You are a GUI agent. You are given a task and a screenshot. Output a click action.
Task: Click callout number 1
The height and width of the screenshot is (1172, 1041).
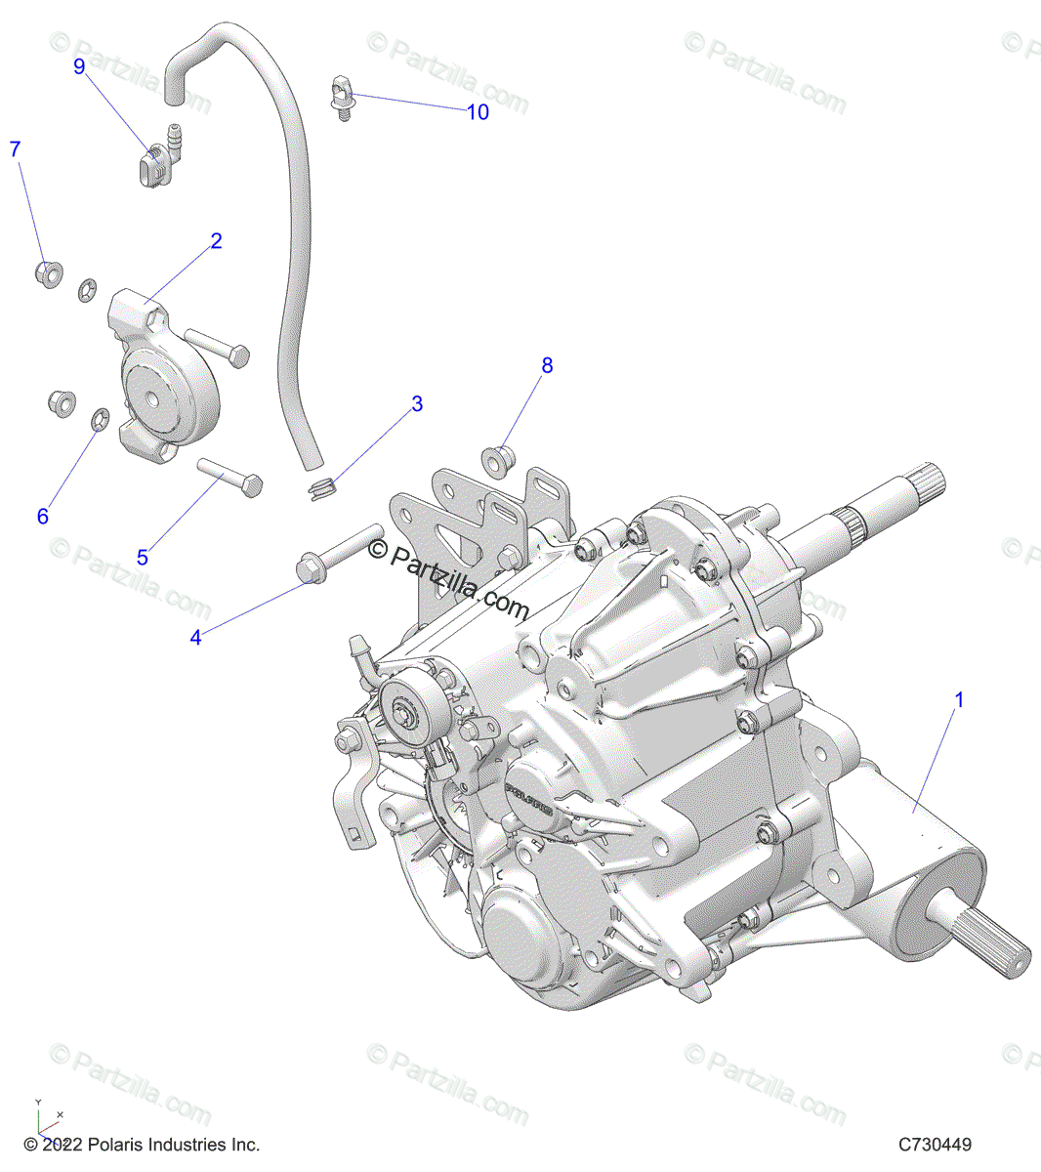click(959, 700)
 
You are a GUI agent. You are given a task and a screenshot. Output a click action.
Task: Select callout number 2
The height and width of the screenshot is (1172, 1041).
click(216, 241)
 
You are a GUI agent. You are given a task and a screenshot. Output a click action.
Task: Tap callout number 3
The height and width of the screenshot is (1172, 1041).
click(417, 404)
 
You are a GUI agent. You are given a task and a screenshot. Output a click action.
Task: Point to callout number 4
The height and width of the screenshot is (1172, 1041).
click(196, 638)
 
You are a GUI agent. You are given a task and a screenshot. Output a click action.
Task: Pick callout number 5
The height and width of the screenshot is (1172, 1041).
click(143, 558)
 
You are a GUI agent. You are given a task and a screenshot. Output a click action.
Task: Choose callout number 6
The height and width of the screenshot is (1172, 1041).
click(42, 517)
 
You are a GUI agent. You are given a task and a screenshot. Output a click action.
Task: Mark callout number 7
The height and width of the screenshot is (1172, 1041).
click(15, 149)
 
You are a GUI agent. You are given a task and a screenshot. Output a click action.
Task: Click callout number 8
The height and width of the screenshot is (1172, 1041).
click(547, 365)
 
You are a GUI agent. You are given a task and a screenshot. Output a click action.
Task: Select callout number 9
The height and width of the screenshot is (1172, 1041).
click(79, 65)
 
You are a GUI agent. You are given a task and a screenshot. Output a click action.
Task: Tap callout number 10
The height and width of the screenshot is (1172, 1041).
click(478, 112)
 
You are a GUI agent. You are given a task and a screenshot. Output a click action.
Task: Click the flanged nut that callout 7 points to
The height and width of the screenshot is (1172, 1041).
click(47, 270)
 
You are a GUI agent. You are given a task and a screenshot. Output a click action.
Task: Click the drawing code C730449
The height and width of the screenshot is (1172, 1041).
click(936, 1145)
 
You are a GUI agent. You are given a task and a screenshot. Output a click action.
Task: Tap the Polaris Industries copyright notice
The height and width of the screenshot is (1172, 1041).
click(142, 1145)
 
